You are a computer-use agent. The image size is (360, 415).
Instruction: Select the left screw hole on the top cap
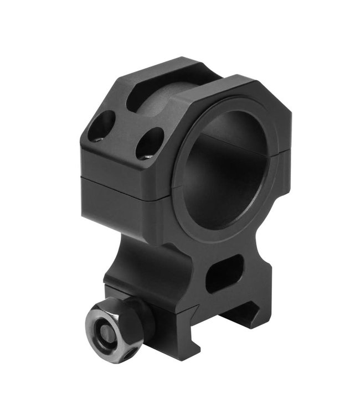click(102, 126)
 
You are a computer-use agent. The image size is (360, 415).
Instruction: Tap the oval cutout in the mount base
click(224, 273)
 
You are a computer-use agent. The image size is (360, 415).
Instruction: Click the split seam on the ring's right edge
click(284, 149)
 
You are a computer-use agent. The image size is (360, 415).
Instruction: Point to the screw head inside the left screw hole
click(98, 136)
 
